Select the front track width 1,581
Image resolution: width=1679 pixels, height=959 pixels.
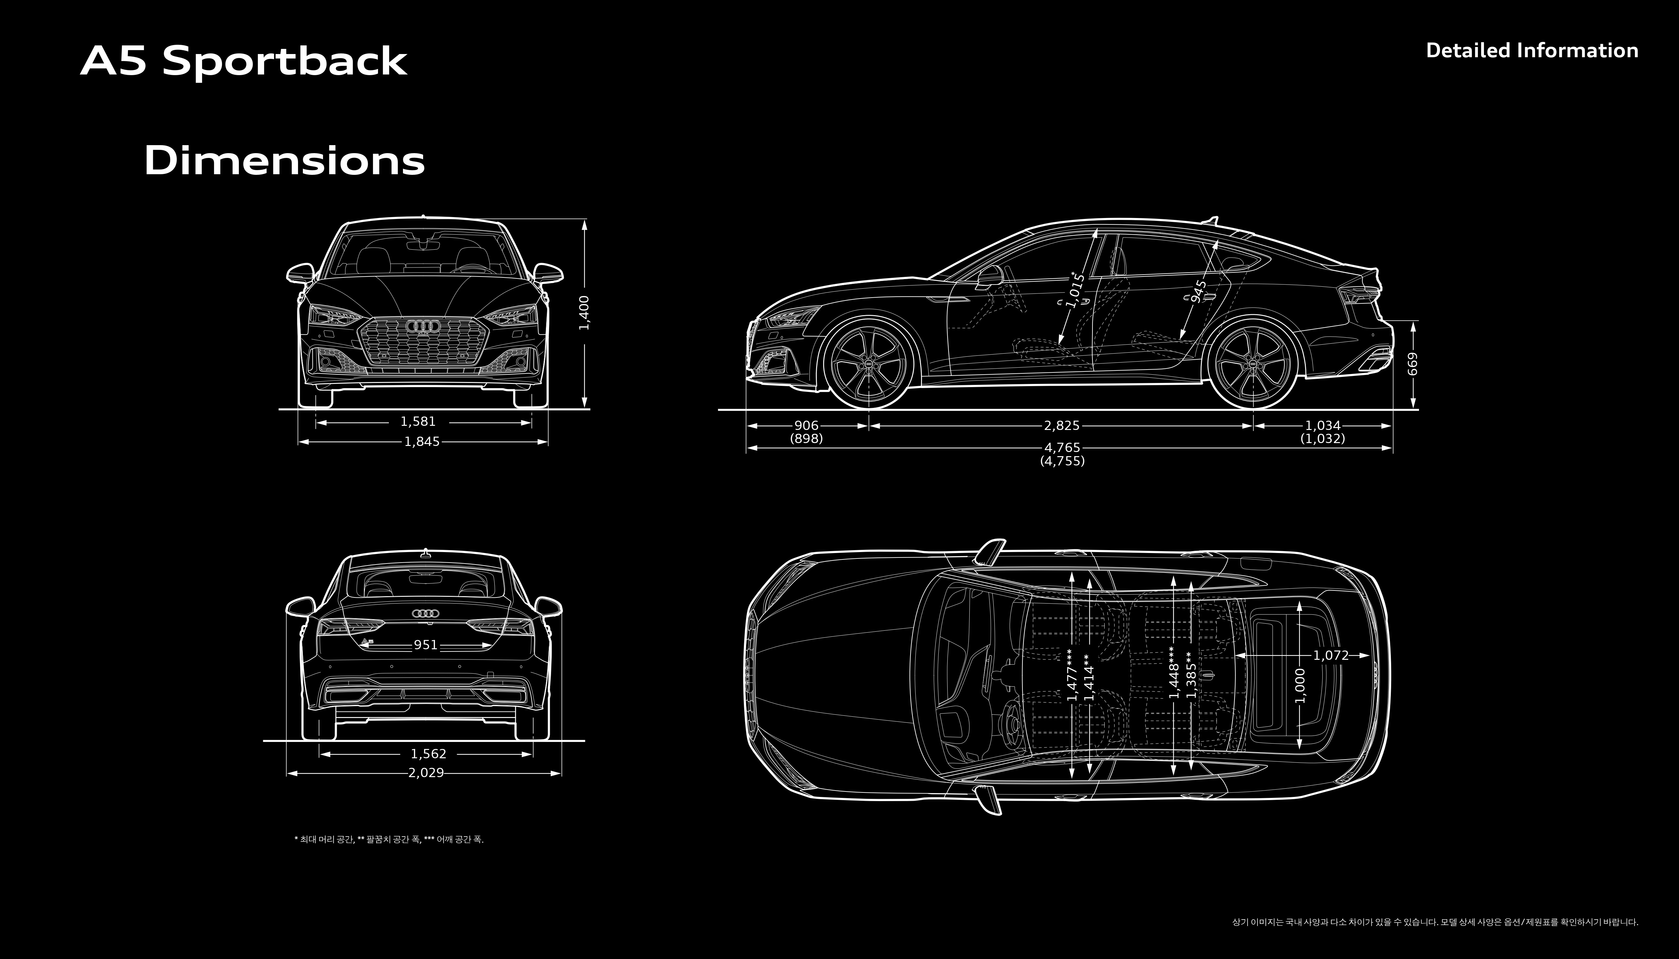(x=418, y=422)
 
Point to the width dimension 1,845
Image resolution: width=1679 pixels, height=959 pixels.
(x=422, y=442)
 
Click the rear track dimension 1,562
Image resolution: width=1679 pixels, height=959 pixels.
(x=428, y=753)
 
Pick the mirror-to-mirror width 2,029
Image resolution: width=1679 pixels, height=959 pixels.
(x=426, y=773)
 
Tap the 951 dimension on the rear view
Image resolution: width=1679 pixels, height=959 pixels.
(x=426, y=645)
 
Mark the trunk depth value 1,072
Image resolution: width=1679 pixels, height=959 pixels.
(x=1330, y=655)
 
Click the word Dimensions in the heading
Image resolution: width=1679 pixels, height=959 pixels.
(x=284, y=161)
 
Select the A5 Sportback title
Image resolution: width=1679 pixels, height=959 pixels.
(x=244, y=62)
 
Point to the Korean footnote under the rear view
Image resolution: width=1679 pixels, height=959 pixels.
(x=389, y=839)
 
